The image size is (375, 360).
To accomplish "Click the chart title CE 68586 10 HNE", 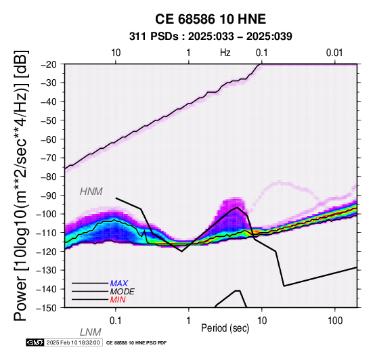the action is (x=211, y=19).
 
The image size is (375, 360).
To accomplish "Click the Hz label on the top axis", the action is (x=225, y=53).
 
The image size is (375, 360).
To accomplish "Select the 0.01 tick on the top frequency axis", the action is (x=334, y=53).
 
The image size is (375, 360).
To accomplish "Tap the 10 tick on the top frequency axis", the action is (x=116, y=53).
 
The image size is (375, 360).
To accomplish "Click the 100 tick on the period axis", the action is (x=335, y=321).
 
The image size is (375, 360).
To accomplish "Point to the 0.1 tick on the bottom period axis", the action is (x=116, y=321).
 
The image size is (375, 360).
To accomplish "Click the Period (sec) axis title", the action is (x=225, y=328).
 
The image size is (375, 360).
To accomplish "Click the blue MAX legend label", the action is (x=119, y=284).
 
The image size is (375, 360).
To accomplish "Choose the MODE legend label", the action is (x=123, y=292).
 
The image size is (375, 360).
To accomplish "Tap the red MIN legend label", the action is (x=118, y=300).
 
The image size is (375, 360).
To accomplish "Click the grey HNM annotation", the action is (x=91, y=192).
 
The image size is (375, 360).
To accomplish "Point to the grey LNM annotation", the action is (x=91, y=332).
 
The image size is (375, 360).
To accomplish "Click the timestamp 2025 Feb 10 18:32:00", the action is (x=73, y=343).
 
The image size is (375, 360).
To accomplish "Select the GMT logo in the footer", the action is (x=35, y=343).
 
